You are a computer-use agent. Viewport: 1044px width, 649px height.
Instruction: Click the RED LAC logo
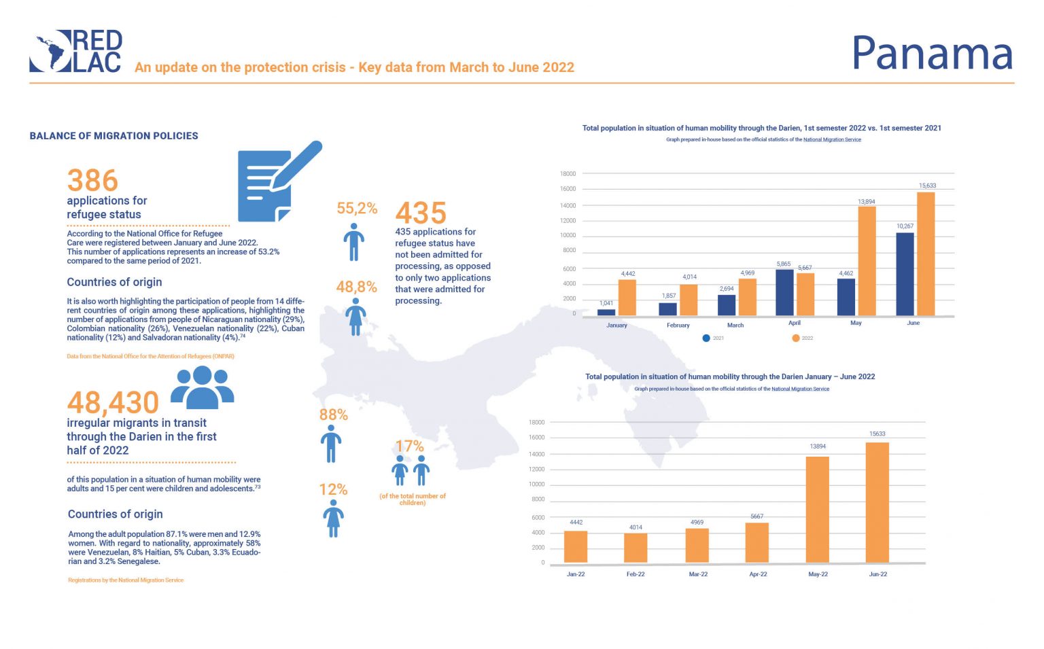(76, 51)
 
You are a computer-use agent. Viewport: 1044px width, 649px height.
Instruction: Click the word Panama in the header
(932, 54)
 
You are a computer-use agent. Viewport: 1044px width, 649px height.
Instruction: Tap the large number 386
(92, 181)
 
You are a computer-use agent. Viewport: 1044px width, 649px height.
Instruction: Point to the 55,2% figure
(357, 209)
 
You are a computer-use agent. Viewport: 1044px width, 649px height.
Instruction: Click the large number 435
(421, 213)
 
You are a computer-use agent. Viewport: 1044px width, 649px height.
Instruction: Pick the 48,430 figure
(113, 402)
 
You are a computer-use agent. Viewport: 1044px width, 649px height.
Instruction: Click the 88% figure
(333, 415)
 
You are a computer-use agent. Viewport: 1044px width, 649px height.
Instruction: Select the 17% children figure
(409, 446)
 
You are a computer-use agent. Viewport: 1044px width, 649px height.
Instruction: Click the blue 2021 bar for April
(785, 292)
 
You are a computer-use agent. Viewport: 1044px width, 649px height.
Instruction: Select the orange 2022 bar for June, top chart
(926, 254)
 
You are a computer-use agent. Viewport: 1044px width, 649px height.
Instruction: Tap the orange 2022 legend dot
(796, 338)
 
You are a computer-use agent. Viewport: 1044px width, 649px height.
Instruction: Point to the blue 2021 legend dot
(707, 338)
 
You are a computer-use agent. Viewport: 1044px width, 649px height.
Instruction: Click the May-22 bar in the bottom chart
(818, 509)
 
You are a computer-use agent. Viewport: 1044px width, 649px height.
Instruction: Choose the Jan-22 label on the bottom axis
(576, 574)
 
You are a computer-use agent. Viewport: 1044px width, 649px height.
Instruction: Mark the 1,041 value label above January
(606, 303)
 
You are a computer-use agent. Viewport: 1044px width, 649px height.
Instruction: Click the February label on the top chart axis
(678, 326)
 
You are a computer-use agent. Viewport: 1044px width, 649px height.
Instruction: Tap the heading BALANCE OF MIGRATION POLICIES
(114, 136)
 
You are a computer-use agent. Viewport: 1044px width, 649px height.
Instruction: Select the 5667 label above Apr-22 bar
(756, 516)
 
